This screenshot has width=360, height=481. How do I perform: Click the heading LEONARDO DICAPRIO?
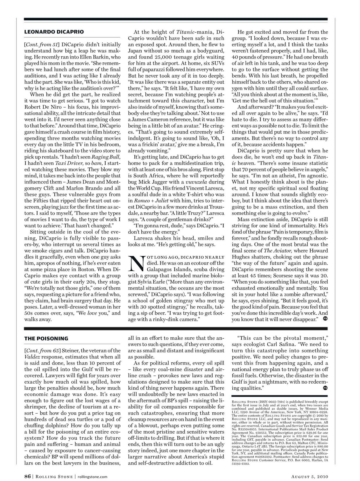pyautogui.click(x=54, y=32)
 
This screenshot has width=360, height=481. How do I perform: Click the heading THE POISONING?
pyautogui.click(x=46, y=339)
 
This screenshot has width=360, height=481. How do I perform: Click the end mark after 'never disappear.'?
pyautogui.click(x=325, y=319)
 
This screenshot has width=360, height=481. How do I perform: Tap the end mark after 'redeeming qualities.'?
pyautogui.click(x=325, y=388)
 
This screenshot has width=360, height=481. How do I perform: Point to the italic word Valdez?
pyautogui.click(x=32, y=357)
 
